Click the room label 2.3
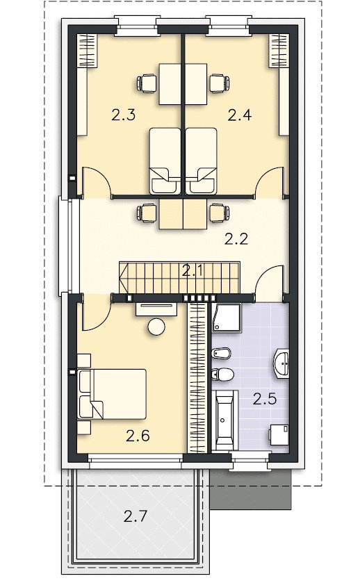point(123,115)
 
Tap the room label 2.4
point(240,115)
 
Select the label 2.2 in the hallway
point(236,239)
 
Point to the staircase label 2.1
point(193,270)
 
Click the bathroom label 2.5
point(265,399)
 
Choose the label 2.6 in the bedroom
point(138,436)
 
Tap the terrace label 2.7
point(136,516)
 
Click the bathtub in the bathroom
point(224,420)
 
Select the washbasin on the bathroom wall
point(282,362)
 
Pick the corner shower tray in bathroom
point(227,318)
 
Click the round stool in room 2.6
point(156,327)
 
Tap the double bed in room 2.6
point(112,394)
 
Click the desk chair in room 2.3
point(147,83)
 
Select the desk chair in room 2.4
point(220,83)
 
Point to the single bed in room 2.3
point(165,161)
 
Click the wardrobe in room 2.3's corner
point(87,50)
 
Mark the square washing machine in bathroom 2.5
point(279,435)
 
